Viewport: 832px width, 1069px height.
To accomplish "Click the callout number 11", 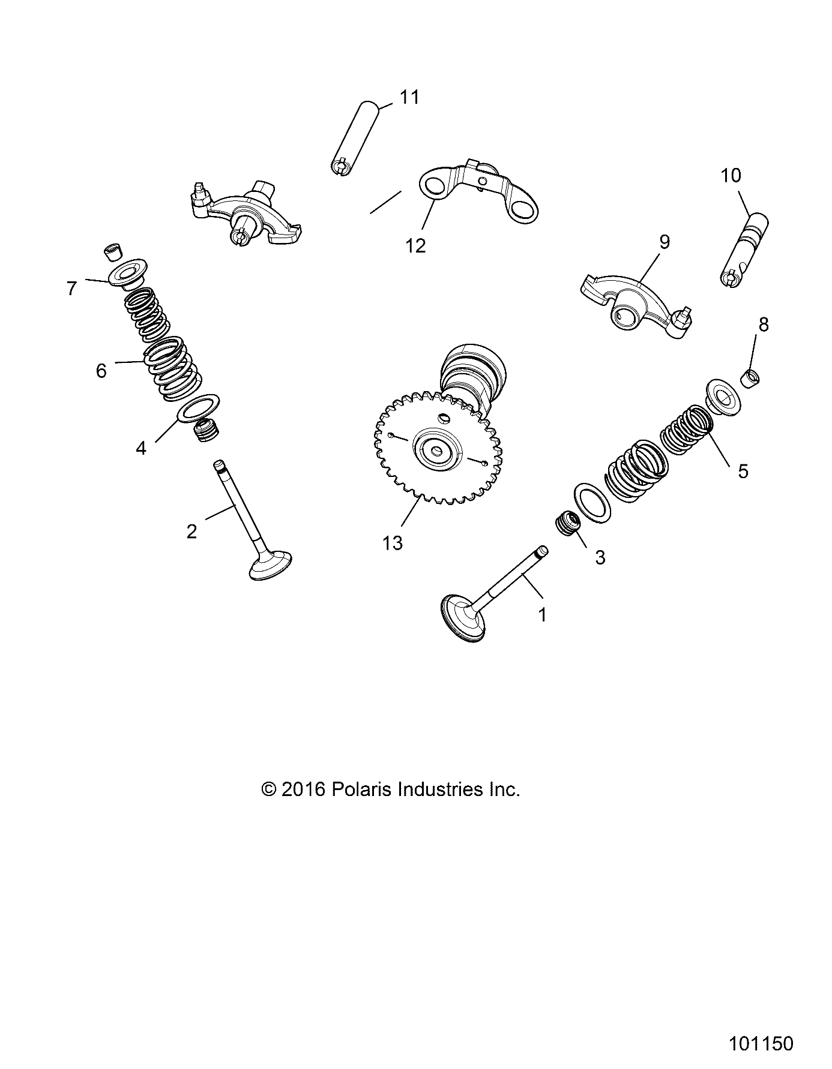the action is [x=410, y=97].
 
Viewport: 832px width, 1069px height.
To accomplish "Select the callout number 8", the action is [x=764, y=325].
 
